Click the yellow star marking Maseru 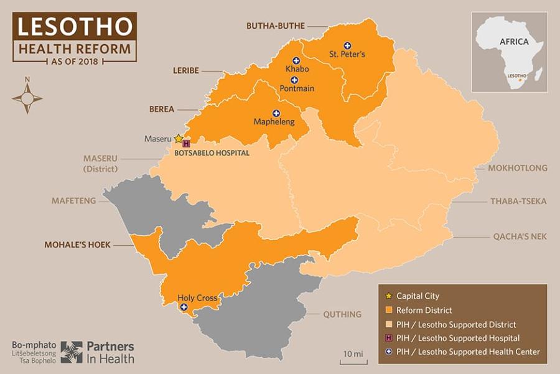click(179, 138)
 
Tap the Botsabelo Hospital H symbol click(185, 144)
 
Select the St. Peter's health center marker click(348, 45)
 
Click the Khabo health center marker click(296, 60)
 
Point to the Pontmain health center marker click(294, 80)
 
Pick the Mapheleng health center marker click(276, 113)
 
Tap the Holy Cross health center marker click(184, 307)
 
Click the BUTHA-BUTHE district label click(276, 26)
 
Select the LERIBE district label click(186, 70)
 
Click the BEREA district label click(161, 108)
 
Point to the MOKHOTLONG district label click(518, 168)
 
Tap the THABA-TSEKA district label click(518, 201)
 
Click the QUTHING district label click(342, 314)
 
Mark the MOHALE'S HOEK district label click(77, 245)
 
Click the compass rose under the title click(27, 98)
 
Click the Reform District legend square click(389, 310)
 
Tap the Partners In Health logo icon click(71, 352)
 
